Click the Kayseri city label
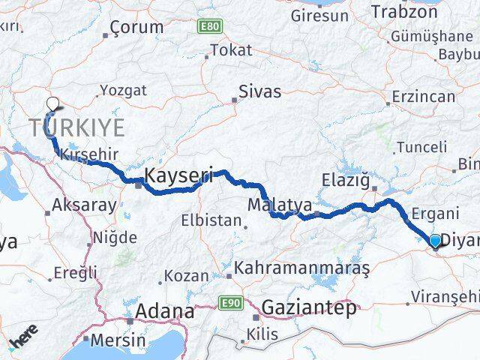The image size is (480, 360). pos(178,176)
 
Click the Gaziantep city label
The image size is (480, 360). pos(309,307)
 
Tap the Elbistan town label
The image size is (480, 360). pos(214,221)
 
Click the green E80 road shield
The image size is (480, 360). pos(210,27)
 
